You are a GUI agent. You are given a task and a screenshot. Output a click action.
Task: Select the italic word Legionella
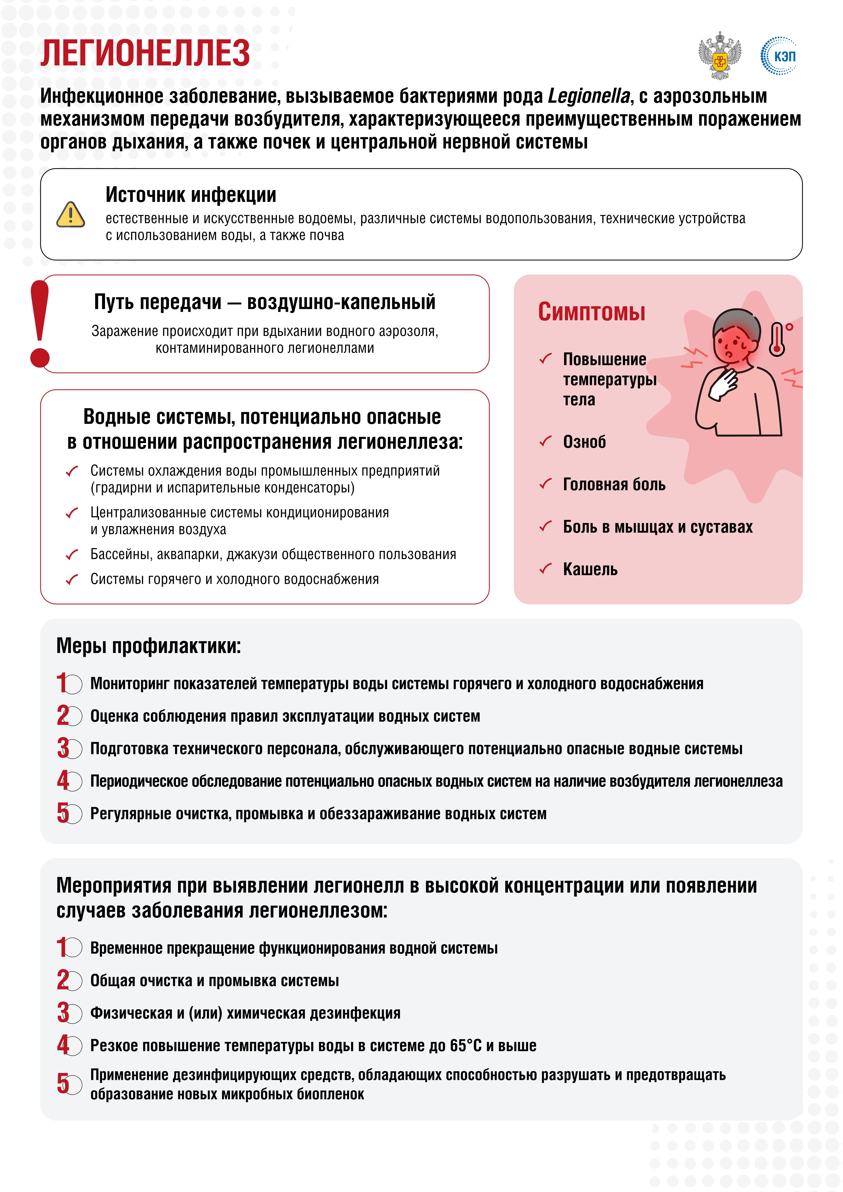pyautogui.click(x=588, y=96)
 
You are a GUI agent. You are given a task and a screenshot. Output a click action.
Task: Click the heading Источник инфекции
pyautogui.click(x=191, y=195)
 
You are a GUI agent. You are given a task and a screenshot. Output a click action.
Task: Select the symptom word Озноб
pyautogui.click(x=584, y=442)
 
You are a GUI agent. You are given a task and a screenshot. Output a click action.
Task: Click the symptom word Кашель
pyautogui.click(x=590, y=570)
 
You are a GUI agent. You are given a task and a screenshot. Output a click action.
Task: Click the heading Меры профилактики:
pyautogui.click(x=149, y=646)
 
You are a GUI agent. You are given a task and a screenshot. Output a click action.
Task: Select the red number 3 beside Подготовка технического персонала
pyautogui.click(x=63, y=748)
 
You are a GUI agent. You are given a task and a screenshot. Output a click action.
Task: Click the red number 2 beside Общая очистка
pyautogui.click(x=63, y=980)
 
